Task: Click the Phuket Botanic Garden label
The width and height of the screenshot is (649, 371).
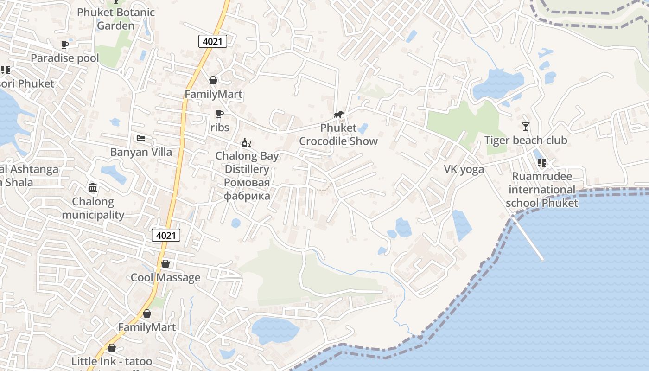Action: (115, 19)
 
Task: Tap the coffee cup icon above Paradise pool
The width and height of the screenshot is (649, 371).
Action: (65, 45)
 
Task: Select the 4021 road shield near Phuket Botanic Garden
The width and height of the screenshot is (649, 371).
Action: (213, 41)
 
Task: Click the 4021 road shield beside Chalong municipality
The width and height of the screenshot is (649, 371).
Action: (166, 235)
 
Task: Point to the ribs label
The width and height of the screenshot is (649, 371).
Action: (220, 127)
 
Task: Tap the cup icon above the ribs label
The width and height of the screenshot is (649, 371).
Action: (220, 114)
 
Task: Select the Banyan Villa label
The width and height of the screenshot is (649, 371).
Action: (141, 152)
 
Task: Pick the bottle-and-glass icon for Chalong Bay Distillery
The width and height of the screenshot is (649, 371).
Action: (247, 142)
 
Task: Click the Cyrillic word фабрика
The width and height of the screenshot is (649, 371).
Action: (247, 196)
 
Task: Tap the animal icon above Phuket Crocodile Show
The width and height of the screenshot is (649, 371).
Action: (338, 115)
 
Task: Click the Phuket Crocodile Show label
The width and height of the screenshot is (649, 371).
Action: (338, 134)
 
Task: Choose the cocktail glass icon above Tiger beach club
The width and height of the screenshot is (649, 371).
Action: (525, 126)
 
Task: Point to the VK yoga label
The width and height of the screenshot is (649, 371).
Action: (464, 169)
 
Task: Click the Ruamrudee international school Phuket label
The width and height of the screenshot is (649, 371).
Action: (542, 190)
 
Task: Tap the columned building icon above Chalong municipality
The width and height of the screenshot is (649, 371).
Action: (93, 188)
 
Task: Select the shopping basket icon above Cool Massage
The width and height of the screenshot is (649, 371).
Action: (165, 264)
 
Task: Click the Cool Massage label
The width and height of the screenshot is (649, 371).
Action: (165, 278)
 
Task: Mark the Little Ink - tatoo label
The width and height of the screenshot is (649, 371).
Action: (112, 361)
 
